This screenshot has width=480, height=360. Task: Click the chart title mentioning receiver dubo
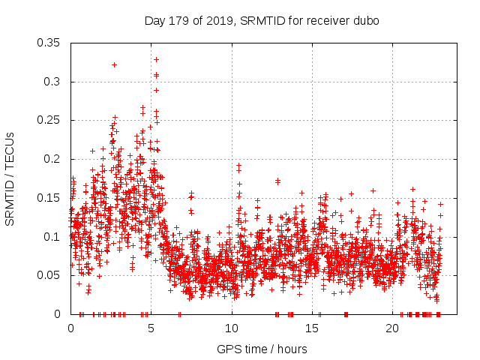tap(262, 20)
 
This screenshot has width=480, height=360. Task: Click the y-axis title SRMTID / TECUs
tap(10, 179)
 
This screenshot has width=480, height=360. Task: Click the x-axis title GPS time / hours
tap(262, 349)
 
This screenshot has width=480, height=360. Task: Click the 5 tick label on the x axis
tap(151, 328)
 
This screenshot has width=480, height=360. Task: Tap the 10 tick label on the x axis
tap(232, 328)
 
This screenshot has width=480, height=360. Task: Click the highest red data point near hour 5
tap(156, 59)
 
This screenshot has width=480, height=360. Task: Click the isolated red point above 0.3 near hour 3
tap(114, 64)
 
